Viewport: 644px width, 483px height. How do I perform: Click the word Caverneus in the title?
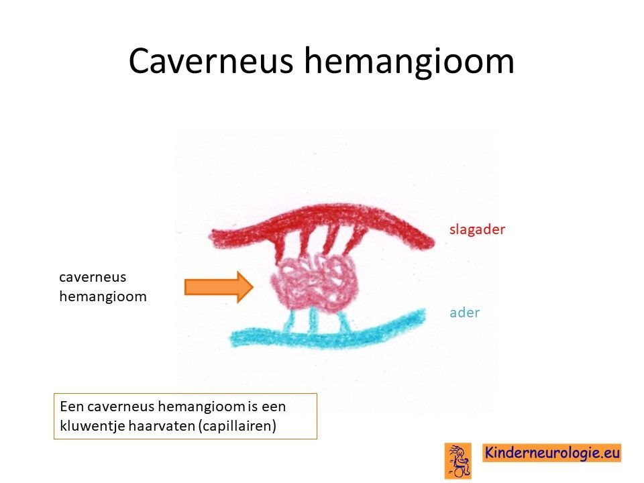pos(211,61)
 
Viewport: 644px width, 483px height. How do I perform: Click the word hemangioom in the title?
pos(409,61)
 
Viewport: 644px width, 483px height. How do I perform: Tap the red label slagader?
pos(477,229)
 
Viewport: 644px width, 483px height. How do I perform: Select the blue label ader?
pos(464,313)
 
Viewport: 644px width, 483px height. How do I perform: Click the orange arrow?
pos(219,287)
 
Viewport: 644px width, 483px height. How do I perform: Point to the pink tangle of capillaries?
pos(314,282)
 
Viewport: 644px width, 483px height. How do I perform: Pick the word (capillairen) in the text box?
pos(237,426)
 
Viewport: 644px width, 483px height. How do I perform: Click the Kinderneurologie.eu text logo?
pos(552,453)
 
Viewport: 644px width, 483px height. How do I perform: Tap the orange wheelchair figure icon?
pos(458,461)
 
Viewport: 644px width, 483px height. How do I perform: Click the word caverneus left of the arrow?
pos(93,278)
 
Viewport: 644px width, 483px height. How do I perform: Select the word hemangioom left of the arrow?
pos(103,297)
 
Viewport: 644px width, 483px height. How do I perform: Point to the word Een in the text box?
pos(72,407)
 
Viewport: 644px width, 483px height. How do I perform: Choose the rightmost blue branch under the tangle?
pos(344,321)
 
